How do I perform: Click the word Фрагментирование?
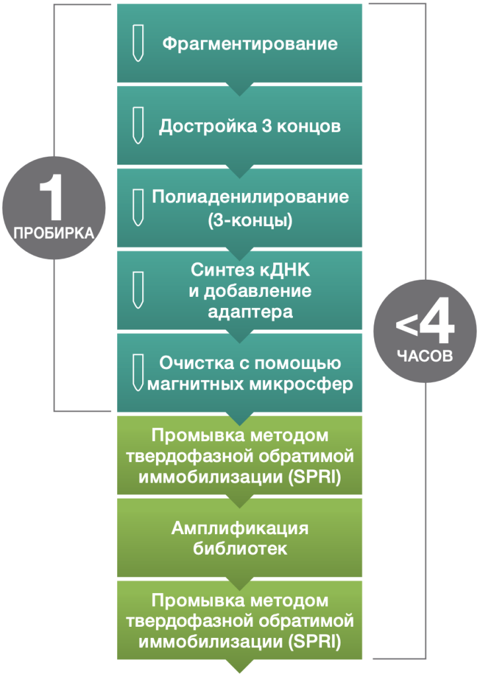click(250, 44)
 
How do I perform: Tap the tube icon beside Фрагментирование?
click(138, 43)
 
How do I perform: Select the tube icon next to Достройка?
click(138, 125)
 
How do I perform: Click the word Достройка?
click(208, 126)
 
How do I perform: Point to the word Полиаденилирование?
click(251, 197)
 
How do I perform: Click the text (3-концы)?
click(251, 220)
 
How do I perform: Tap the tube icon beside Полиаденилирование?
click(138, 208)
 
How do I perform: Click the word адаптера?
click(251, 312)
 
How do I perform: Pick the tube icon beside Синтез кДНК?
click(138, 290)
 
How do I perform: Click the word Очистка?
click(196, 363)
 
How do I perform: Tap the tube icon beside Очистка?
click(138, 373)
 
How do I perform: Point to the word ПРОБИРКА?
click(54, 233)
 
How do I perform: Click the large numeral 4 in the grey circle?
click(437, 321)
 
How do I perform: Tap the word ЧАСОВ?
click(424, 356)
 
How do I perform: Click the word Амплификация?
click(240, 528)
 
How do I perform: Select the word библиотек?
click(240, 549)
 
